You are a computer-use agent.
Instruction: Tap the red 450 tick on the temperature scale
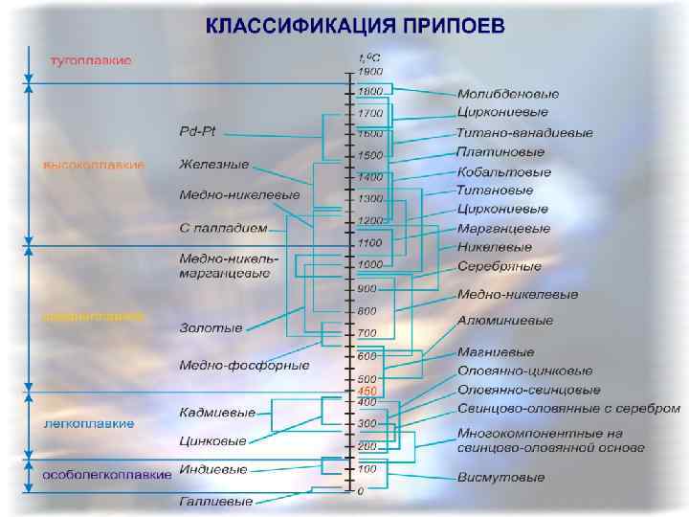pos(367,392)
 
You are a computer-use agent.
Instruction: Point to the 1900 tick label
pos(370,71)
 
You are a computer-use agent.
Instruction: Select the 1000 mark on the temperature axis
pos(369,264)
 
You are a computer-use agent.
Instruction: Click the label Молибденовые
pos(508,94)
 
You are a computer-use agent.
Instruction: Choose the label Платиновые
pos(500,152)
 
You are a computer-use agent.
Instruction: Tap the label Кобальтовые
pos(504,172)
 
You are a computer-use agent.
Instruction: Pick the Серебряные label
pos(499,266)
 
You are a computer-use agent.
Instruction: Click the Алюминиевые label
pos(504,321)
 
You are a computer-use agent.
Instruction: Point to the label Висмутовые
pos(500,477)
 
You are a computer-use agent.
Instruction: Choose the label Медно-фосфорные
pos(244,365)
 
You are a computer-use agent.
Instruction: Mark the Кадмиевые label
pos(217,413)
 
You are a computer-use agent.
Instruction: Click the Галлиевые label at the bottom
pos(216,501)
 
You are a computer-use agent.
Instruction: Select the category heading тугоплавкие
pos(91,59)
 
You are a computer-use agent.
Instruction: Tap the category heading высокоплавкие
pos(93,165)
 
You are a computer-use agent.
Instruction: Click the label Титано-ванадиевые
pos(524,133)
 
